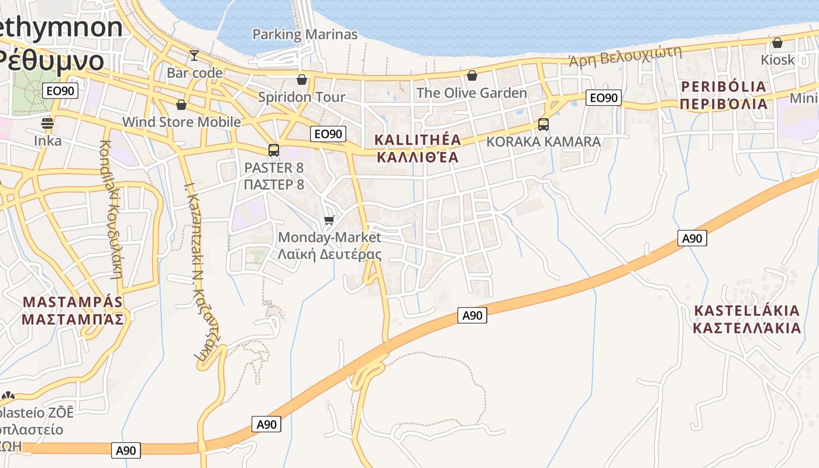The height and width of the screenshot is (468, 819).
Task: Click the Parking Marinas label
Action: point(304,35)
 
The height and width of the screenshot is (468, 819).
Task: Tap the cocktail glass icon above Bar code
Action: point(194,56)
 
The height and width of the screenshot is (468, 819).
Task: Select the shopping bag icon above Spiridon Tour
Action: point(302,80)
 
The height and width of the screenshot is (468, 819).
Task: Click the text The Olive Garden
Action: point(472,93)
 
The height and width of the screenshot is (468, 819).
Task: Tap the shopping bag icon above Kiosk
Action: point(777,43)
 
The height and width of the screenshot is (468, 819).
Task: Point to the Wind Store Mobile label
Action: point(181,122)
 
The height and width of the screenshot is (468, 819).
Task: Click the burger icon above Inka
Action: point(47,123)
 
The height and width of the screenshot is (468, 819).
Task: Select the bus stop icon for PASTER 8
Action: point(274,150)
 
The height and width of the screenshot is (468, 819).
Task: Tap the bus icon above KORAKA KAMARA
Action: point(543,124)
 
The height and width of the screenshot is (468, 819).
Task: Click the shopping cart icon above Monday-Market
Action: point(329,221)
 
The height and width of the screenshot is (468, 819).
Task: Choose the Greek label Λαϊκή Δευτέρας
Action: point(329,254)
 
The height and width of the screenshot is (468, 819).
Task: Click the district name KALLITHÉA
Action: point(418,140)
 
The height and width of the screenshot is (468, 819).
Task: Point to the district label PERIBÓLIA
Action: point(724,87)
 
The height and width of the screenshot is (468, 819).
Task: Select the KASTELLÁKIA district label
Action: point(746,311)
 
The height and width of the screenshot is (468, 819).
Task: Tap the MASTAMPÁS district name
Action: point(73,302)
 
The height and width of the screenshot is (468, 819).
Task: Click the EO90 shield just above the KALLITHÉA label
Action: point(328,134)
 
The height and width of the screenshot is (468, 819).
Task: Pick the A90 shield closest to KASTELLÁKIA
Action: point(692,238)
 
